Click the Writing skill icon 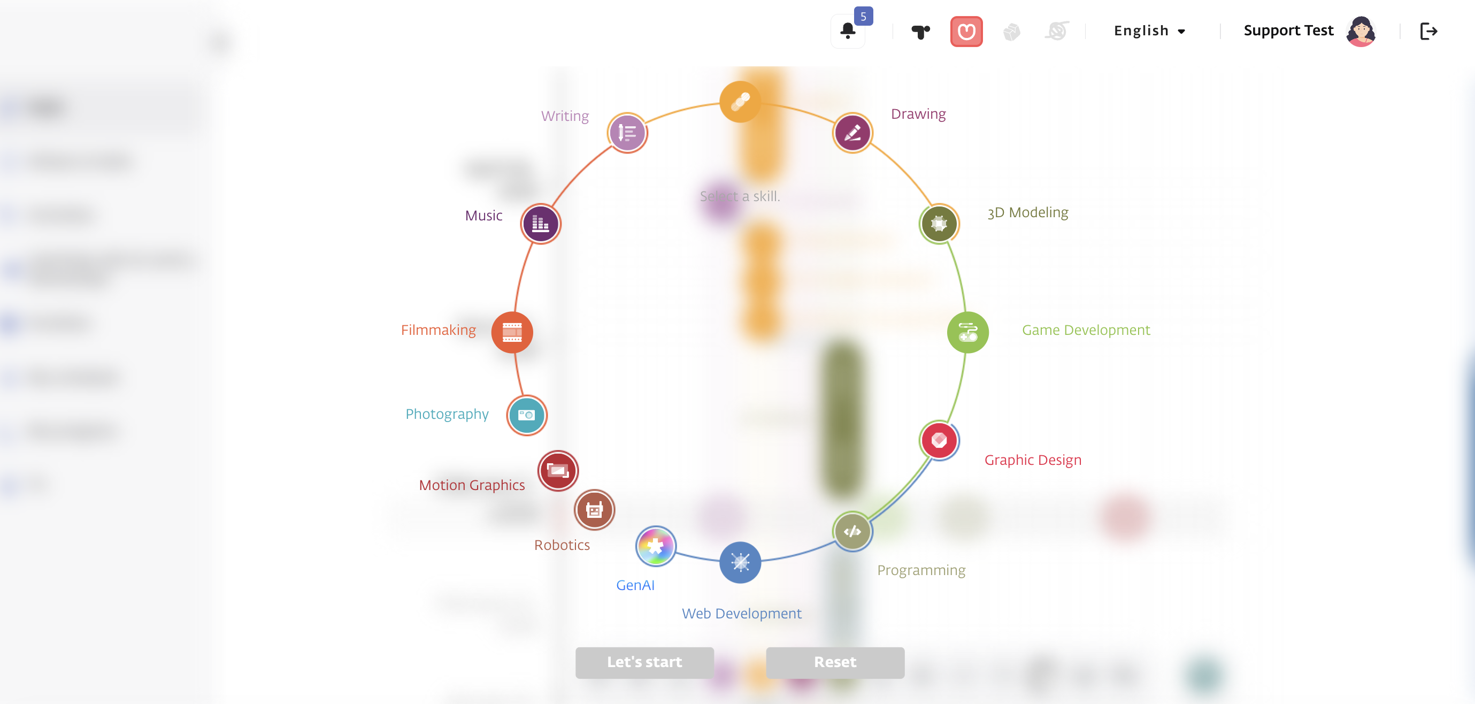pyautogui.click(x=627, y=133)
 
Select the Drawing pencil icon pyautogui.click(x=852, y=133)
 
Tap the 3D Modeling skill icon pyautogui.click(x=939, y=224)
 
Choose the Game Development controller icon pyautogui.click(x=967, y=332)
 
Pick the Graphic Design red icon pyautogui.click(x=939, y=440)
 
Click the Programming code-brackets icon pyautogui.click(x=852, y=532)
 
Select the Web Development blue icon pyautogui.click(x=740, y=563)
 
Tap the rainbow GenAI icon pyautogui.click(x=656, y=546)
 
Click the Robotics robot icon pyautogui.click(x=594, y=509)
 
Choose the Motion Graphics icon pyautogui.click(x=558, y=471)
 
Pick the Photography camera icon pyautogui.click(x=526, y=415)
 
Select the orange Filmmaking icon pyautogui.click(x=512, y=332)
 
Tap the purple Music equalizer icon pyautogui.click(x=540, y=224)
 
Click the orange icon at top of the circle pyautogui.click(x=740, y=102)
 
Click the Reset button pyautogui.click(x=835, y=662)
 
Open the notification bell pyautogui.click(x=848, y=31)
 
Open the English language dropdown pyautogui.click(x=1149, y=31)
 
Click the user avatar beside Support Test pyautogui.click(x=1361, y=31)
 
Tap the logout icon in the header pyautogui.click(x=1428, y=31)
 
